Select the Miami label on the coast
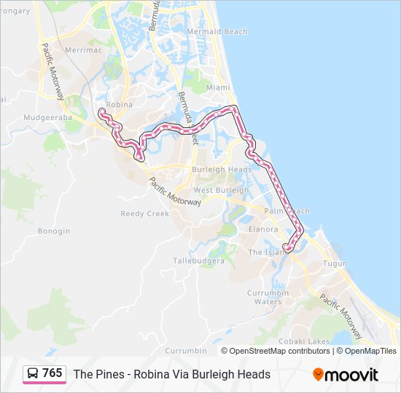[217, 87]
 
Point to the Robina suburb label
[120, 105]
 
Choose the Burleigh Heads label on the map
[222, 170]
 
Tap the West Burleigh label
[221, 191]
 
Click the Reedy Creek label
[144, 214]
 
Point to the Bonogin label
[54, 231]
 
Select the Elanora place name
[263, 229]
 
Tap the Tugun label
[335, 263]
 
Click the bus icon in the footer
[33, 374]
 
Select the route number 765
[52, 373]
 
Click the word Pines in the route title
[107, 374]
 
